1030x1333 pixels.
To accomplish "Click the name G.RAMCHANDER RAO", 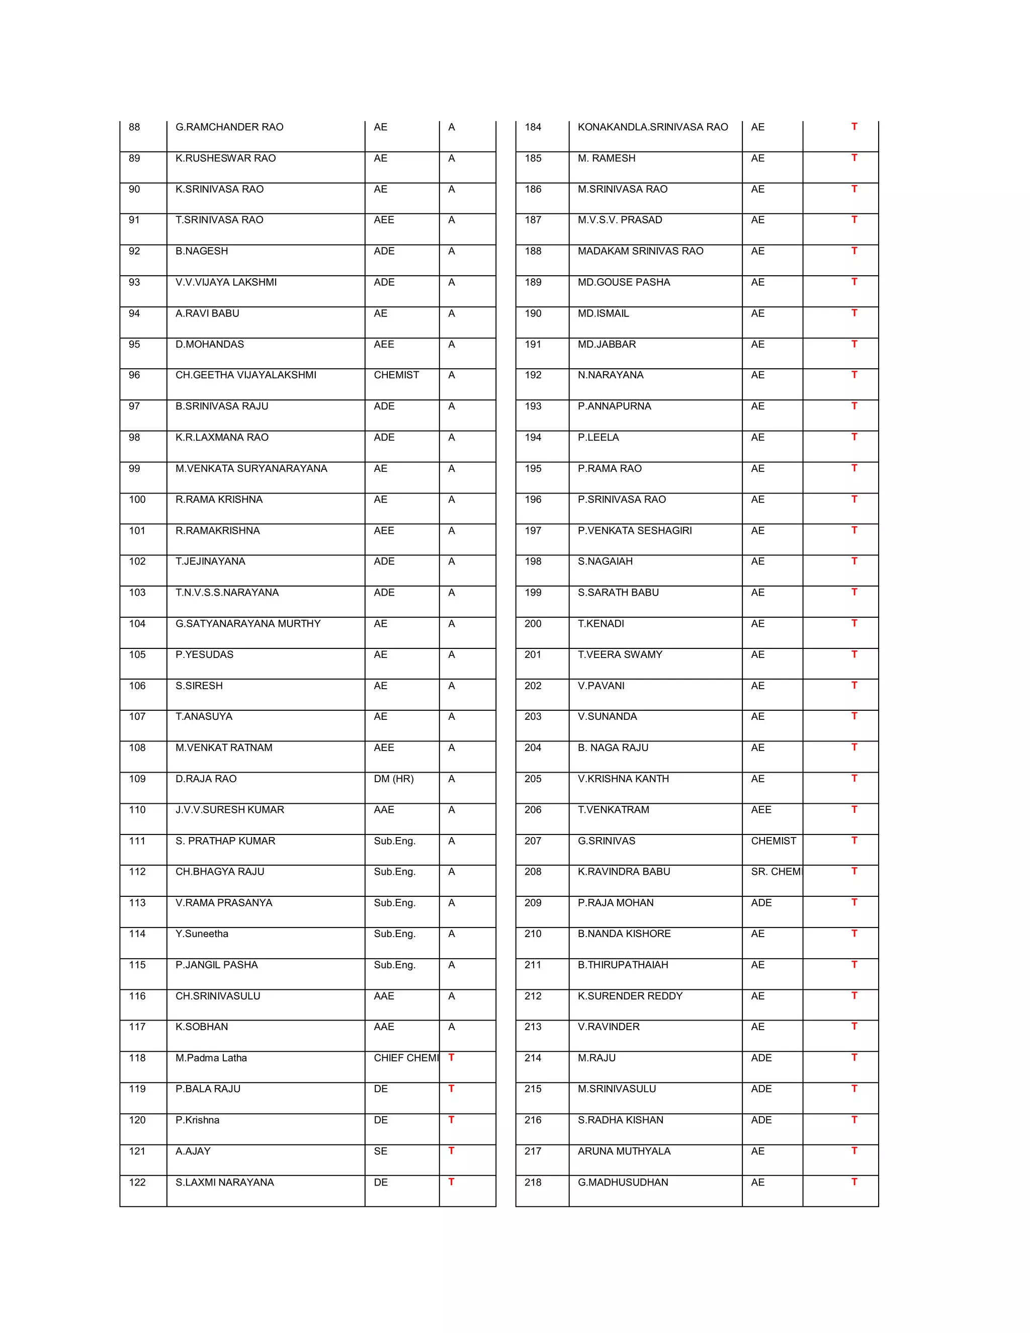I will [229, 127].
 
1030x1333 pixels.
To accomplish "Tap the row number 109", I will [137, 779].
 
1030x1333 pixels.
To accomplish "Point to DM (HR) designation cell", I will [394, 779].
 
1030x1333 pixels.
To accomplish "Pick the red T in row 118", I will [451, 1057].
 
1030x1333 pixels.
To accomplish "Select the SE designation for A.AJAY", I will [380, 1151].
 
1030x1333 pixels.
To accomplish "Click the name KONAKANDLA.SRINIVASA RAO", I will [652, 127].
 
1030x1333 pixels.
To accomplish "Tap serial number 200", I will [533, 624].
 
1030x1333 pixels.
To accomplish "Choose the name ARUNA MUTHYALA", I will [624, 1151].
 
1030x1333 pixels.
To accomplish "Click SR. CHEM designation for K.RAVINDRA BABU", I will [775, 872].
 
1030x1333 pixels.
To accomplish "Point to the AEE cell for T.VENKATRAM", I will [761, 809].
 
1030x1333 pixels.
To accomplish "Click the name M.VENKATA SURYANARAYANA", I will [251, 469].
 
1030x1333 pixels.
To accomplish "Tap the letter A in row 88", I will [451, 127].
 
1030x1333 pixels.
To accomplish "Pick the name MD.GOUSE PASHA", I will [624, 282].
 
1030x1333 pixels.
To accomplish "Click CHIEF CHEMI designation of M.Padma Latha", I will [405, 1058].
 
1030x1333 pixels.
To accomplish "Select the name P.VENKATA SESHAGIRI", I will [635, 530].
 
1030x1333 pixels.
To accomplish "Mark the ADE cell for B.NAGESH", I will [384, 251].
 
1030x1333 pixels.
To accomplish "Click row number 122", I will [137, 1182].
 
